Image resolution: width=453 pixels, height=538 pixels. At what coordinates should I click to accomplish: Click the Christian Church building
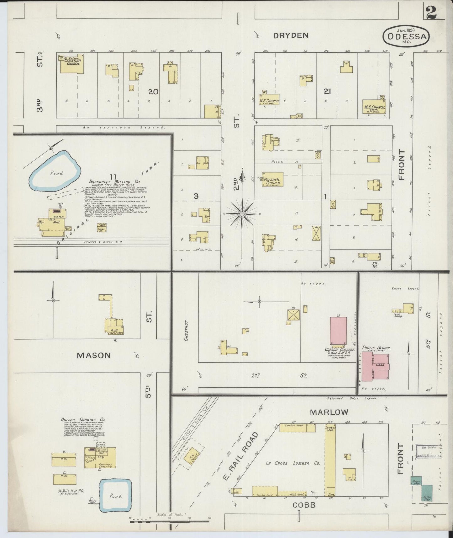pos(72,64)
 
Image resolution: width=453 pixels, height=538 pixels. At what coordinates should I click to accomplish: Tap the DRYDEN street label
pos(291,35)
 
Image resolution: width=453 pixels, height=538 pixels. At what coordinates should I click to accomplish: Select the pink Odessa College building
pos(338,331)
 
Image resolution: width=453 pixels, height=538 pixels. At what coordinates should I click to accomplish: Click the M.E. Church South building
pos(374,106)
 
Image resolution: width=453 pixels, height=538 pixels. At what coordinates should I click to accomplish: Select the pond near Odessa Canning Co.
pos(115,495)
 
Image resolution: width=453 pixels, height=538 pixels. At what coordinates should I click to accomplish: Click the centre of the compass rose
pos(242,214)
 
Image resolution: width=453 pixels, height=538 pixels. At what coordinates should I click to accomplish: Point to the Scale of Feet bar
pos(169,522)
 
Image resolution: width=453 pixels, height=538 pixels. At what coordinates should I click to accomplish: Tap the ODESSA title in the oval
pos(407,36)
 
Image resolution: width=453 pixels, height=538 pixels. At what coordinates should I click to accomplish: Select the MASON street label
pos(94,355)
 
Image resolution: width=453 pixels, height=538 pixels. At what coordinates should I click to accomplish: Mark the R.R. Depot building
pos(191,459)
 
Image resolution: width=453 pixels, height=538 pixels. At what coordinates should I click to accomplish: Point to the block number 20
pos(153,92)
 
